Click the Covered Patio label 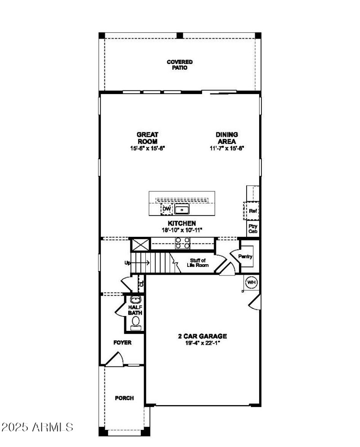click(180, 65)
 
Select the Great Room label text click(148, 138)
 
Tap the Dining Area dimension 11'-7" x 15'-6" click(226, 148)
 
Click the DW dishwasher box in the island click(166, 209)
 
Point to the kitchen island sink click(182, 209)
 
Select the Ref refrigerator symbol click(252, 210)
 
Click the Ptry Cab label click(252, 229)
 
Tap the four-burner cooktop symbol click(182, 243)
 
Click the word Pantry click(246, 257)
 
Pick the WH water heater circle click(251, 283)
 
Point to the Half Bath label click(135, 310)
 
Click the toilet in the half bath click(135, 322)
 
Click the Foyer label click(122, 343)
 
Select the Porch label click(124, 398)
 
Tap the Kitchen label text click(182, 223)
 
